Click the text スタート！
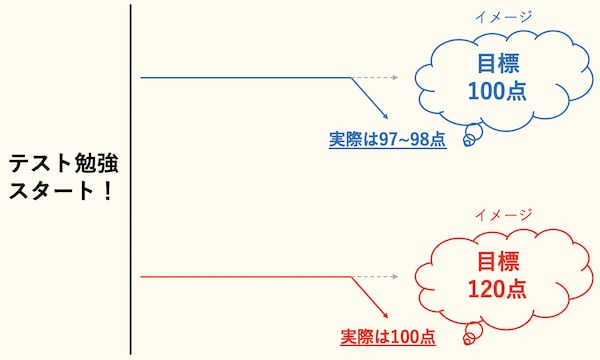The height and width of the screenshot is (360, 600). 59,190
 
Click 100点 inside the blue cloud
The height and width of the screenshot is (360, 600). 497,92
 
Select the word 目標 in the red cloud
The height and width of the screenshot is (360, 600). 497,264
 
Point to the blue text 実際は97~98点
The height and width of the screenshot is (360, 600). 387,139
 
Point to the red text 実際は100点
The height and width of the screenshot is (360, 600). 388,337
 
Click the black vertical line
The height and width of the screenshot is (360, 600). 130,180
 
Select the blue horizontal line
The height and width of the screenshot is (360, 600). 245,77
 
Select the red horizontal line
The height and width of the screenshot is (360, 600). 245,276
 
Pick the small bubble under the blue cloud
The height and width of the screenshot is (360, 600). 468,141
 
